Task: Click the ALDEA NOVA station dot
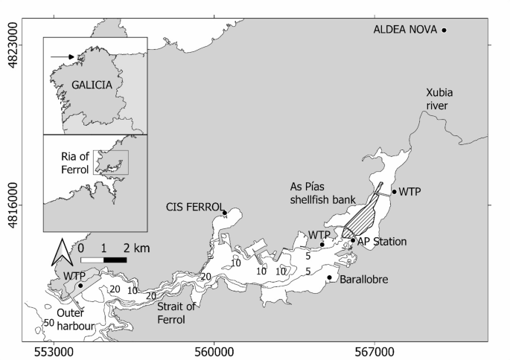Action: click(444, 30)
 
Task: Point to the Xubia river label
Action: click(439, 98)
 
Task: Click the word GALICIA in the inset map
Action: click(92, 84)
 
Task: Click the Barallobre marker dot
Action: click(329, 278)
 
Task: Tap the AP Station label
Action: click(382, 242)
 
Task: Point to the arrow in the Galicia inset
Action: click(62, 57)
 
